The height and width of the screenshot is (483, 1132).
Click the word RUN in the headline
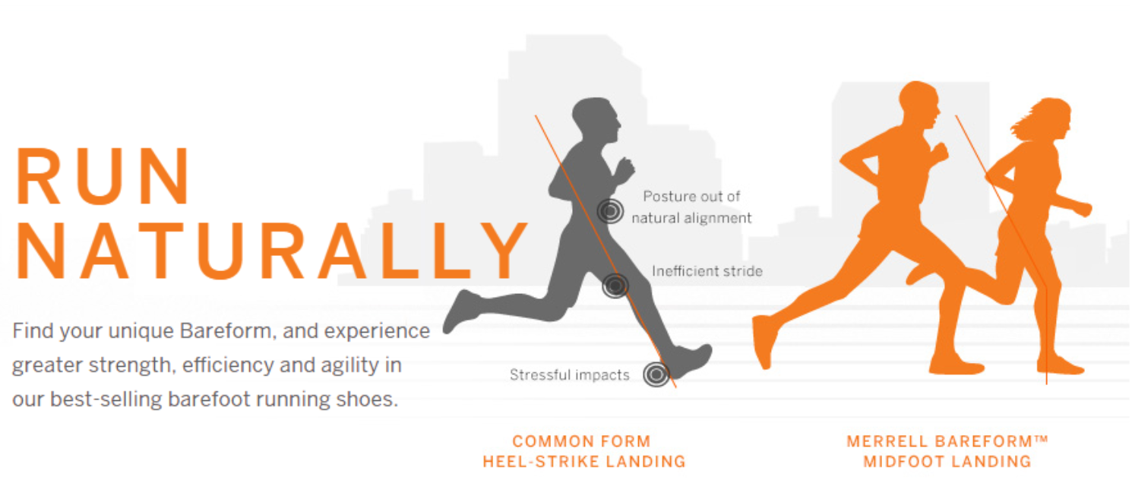(103, 176)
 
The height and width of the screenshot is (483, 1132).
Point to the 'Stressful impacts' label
(570, 375)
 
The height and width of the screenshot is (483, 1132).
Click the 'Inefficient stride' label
(707, 271)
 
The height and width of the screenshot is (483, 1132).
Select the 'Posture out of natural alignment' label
(691, 207)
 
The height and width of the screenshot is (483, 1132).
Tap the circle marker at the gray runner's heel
(656, 374)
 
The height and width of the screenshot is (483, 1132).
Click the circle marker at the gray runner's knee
(615, 286)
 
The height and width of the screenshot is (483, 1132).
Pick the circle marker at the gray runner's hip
(610, 211)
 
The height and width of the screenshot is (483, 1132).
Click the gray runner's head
(597, 119)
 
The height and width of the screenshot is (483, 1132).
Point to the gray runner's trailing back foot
(460, 311)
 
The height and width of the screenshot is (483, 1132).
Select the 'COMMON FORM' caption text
(581, 441)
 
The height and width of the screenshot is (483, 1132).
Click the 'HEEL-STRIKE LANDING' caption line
(584, 461)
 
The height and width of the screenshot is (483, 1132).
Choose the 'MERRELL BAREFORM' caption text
(940, 441)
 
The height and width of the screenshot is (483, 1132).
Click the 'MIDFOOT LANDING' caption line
(947, 461)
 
